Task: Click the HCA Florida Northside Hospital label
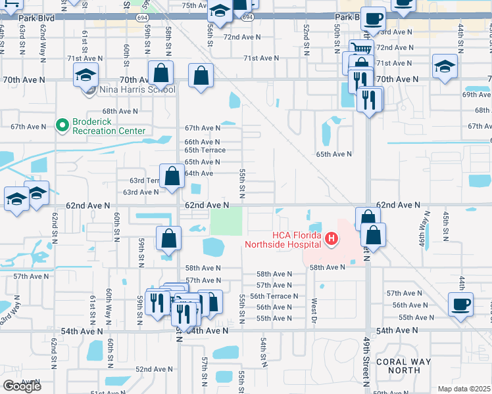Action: (x=283, y=240)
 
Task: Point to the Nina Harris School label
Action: (x=137, y=89)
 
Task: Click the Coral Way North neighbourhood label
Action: (x=403, y=366)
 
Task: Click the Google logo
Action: (x=22, y=386)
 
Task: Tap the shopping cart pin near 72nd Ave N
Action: (x=361, y=49)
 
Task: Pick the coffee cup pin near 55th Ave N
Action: (x=460, y=304)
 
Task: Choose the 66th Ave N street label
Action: (x=202, y=142)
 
